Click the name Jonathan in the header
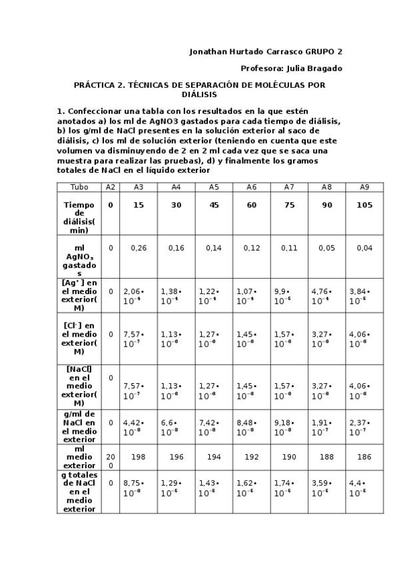pos(209,51)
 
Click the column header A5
pos(214,188)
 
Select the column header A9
pos(364,188)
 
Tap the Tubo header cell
pos(79,188)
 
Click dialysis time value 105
pos(364,206)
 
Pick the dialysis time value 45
pos(214,206)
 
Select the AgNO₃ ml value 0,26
pos(139,248)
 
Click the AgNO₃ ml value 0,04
pos(364,248)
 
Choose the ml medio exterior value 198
pos(139,457)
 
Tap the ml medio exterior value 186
pos(364,457)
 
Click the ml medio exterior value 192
pos(252,457)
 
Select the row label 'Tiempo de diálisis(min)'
pos(79,217)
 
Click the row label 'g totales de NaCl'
pos(79,492)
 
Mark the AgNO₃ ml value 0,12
pos(252,248)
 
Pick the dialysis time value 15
pos(139,206)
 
